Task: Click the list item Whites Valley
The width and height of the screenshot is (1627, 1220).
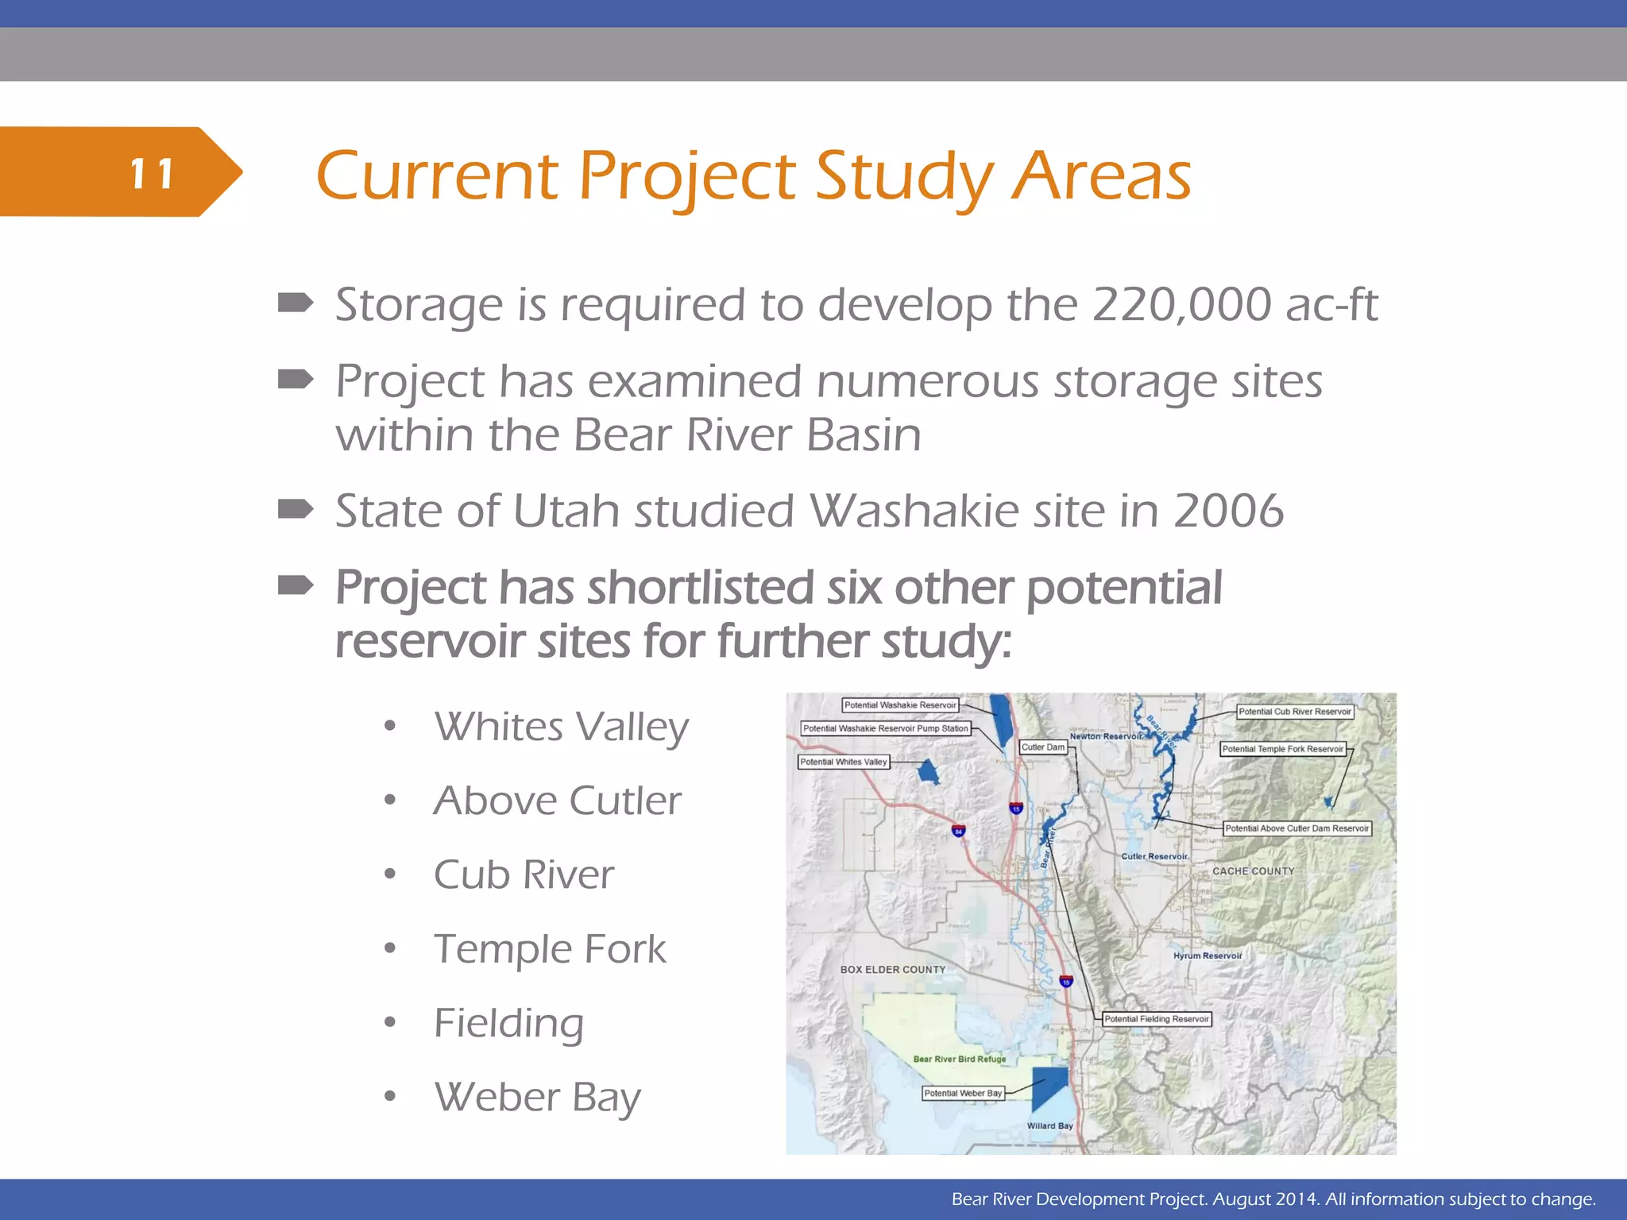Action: coord(561,728)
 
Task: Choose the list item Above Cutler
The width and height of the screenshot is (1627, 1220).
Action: coord(557,801)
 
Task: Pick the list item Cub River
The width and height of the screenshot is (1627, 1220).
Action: coord(524,875)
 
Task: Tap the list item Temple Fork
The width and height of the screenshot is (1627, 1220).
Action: coord(550,949)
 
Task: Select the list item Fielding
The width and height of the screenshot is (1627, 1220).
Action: coord(508,1023)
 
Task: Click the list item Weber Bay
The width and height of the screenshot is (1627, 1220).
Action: coord(537,1098)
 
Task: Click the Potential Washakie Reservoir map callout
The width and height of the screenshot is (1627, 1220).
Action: coord(900,705)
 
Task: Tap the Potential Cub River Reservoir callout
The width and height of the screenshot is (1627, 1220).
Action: coord(1294,712)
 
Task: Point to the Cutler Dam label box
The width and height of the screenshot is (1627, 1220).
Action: coord(1042,747)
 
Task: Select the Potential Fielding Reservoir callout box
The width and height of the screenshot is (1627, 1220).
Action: coord(1157,1019)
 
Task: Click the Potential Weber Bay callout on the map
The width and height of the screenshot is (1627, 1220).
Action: coord(963,1094)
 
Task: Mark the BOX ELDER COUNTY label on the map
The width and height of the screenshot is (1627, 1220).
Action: coord(893,970)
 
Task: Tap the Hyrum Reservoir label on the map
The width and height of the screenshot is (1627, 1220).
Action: coord(1207,956)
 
